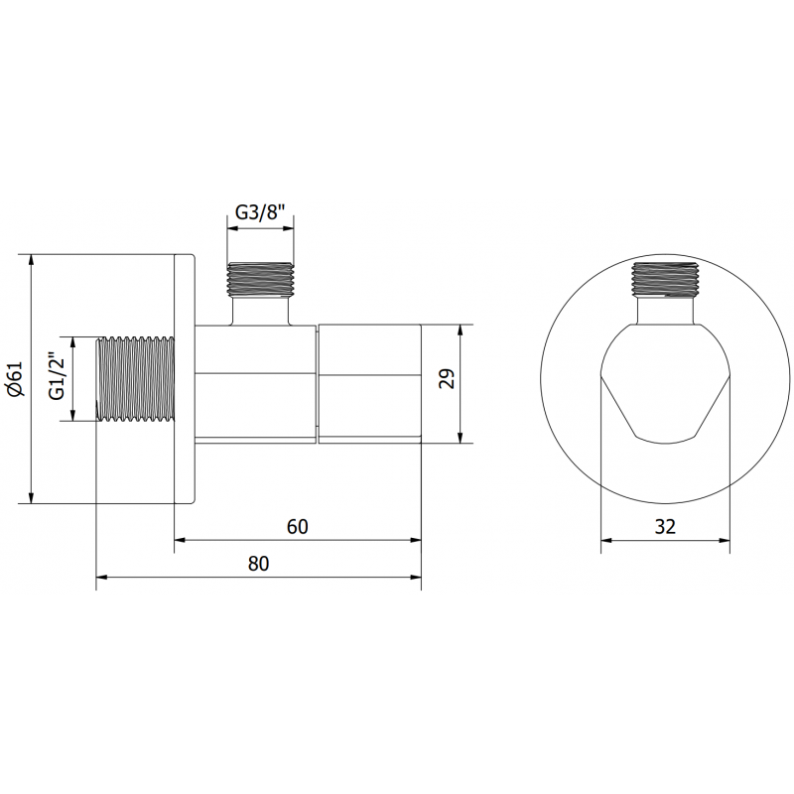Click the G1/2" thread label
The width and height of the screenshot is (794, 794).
coord(57,378)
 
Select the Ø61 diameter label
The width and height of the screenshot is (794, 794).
coord(14,379)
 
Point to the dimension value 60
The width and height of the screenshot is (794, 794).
coord(298,526)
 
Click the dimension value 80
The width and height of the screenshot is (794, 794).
coord(258,563)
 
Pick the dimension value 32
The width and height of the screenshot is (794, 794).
coord(665,527)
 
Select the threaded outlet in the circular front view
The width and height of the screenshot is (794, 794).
coord(665,280)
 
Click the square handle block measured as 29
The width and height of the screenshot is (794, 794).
coord(369,382)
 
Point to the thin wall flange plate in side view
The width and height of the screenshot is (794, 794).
coord(186,379)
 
